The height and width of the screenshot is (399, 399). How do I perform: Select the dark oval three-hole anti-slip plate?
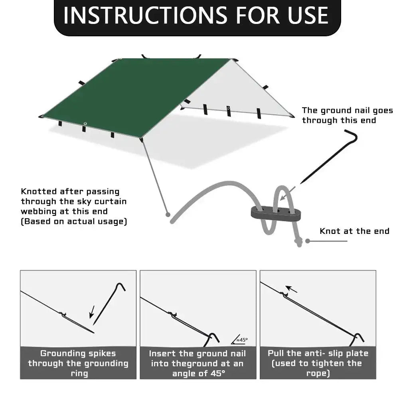coord(275,213)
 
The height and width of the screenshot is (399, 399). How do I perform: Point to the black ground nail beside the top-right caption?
coord(327,158)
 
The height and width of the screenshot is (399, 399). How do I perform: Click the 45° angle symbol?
coord(240,340)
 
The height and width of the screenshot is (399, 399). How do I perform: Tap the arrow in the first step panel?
coord(92,312)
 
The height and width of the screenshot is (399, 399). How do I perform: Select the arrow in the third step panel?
coord(292,289)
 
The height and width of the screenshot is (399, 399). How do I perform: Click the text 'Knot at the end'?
coord(354,231)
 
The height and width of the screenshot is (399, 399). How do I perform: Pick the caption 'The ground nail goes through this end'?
coord(347,115)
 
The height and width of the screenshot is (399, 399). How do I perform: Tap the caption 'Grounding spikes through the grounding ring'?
coord(78,363)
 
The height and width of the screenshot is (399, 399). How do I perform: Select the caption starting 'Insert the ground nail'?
coord(198,363)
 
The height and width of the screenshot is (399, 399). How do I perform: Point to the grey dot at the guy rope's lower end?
coord(168,214)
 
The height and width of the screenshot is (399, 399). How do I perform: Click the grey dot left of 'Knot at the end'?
coord(308,241)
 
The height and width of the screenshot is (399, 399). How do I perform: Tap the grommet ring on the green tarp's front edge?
coord(85,123)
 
